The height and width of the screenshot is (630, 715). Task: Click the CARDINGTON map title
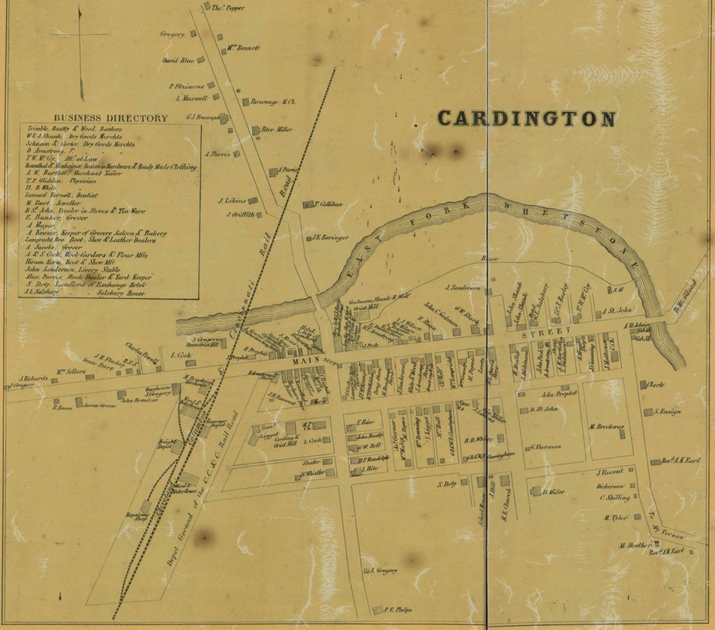[x=526, y=118]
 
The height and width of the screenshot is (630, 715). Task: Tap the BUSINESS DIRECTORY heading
[x=111, y=118]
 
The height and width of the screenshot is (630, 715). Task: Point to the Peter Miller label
[x=277, y=129]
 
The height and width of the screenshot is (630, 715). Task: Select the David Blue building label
[x=178, y=61]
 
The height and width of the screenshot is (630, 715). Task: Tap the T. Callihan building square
[x=307, y=204]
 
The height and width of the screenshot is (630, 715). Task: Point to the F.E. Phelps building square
[x=378, y=610]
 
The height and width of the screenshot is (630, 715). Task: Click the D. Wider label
[x=553, y=492]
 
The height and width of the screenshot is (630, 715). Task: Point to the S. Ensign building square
[x=648, y=412]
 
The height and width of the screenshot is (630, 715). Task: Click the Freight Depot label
[x=164, y=444]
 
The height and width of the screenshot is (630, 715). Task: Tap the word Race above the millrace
[x=490, y=259]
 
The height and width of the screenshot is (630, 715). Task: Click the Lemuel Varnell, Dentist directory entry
[x=62, y=196]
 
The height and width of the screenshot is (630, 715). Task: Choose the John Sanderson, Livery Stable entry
[x=72, y=270]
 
